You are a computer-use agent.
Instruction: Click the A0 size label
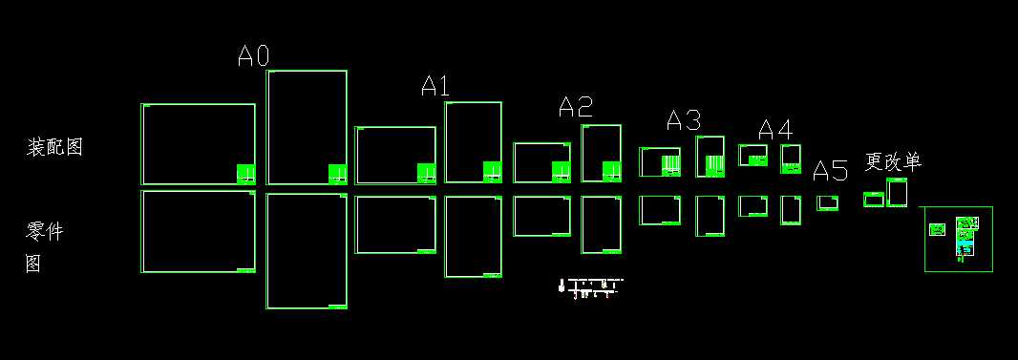tap(253, 56)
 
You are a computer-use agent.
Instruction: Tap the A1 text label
tap(435, 86)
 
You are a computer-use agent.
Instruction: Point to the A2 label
tap(575, 107)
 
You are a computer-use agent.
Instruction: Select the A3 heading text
tap(683, 120)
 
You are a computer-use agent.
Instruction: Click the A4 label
tap(774, 129)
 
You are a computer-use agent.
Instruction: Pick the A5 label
tap(830, 172)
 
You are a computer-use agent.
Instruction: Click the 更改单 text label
tap(893, 161)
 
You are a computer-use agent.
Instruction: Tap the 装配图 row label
tap(54, 147)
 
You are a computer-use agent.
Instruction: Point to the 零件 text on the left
tap(45, 231)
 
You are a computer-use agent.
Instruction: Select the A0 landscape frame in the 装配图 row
tap(198, 143)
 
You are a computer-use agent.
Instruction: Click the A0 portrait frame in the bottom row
tap(306, 251)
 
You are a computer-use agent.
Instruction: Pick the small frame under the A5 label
tap(827, 202)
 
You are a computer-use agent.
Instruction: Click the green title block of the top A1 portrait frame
tap(492, 172)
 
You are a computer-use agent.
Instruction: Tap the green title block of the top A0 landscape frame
tap(245, 174)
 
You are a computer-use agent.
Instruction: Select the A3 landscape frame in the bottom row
tap(660, 210)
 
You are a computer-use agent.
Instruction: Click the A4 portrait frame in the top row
tap(791, 159)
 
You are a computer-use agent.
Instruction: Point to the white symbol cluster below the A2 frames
tap(589, 287)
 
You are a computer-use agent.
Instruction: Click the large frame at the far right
tap(958, 239)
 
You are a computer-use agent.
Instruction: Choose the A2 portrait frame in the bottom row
tap(601, 224)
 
